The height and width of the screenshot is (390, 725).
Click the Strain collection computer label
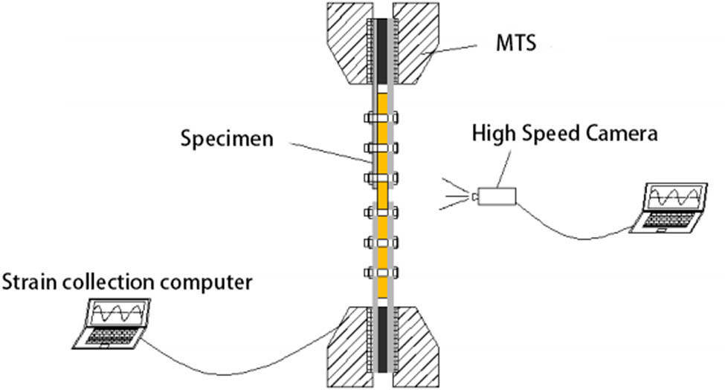tap(127, 282)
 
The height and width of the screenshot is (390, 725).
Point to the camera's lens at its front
tap(474, 196)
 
